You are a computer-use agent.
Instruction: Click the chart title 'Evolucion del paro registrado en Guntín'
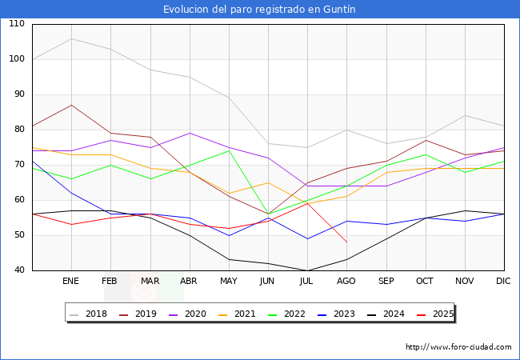coord(259,10)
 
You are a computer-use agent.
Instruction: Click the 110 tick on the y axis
coord(17,24)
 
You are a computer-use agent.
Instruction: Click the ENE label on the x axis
coord(71,282)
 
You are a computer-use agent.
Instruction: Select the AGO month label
coord(346,282)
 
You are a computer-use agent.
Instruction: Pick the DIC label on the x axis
coord(503,282)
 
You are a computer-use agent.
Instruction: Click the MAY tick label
coord(229,282)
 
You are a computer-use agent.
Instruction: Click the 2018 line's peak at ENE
coord(71,38)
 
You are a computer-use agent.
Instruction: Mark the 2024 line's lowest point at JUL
coord(307,270)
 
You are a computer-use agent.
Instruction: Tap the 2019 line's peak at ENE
coord(71,105)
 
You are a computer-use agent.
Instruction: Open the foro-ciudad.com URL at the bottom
coord(458,347)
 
